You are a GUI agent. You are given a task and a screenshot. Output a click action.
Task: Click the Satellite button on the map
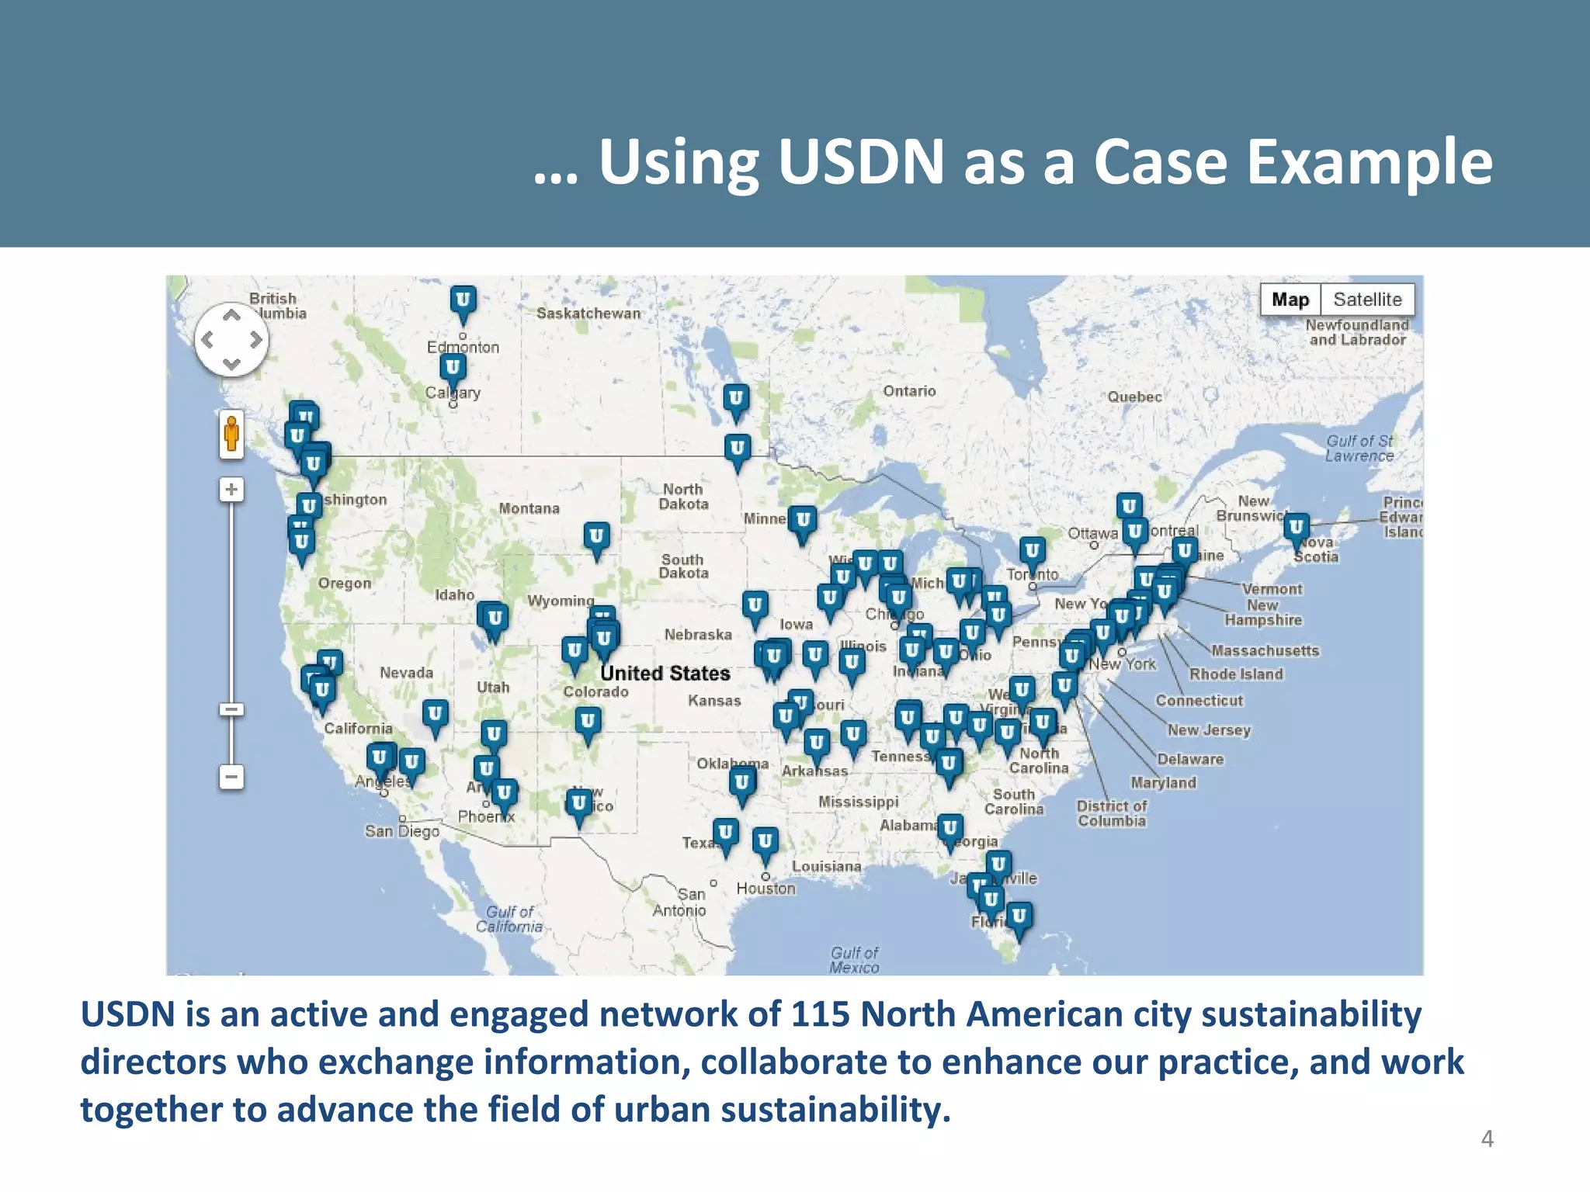[x=1367, y=300]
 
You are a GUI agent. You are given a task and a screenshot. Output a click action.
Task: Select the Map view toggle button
[x=1290, y=300]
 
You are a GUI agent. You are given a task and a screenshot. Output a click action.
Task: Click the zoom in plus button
[x=231, y=490]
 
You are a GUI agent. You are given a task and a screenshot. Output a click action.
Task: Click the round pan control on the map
[x=231, y=339]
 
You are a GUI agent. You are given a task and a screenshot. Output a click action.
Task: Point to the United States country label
[x=665, y=673]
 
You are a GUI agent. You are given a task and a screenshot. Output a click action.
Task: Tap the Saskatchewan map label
[x=588, y=314]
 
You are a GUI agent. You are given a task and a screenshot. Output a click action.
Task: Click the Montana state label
[x=529, y=508]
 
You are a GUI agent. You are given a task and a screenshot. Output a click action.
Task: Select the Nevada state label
[x=406, y=673]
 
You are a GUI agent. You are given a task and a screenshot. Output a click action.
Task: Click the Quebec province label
[x=1134, y=397]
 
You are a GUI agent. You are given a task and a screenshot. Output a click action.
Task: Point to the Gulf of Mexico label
[x=854, y=960]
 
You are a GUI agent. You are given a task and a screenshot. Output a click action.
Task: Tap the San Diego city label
[x=402, y=831]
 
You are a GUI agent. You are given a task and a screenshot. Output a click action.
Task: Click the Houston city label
[x=765, y=889]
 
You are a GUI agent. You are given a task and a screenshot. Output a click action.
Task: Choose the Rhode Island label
[x=1236, y=674]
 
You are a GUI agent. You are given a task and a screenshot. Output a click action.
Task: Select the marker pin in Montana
[x=596, y=538]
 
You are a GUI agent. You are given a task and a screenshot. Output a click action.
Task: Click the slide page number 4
[x=1487, y=1138]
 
